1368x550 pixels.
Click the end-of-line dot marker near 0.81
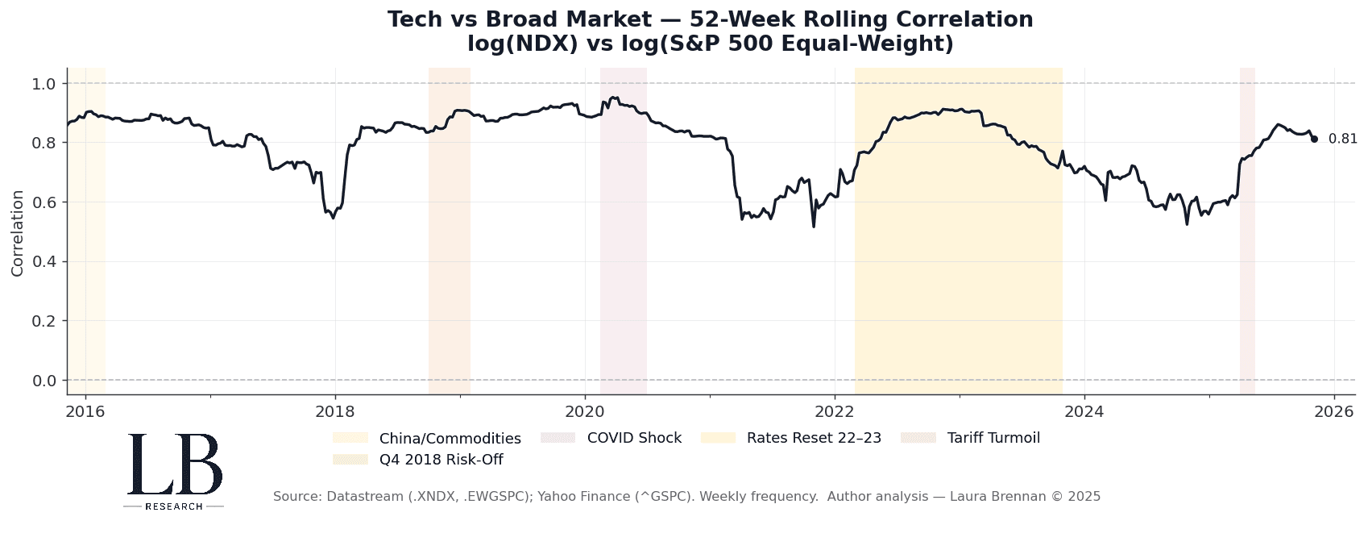[1314, 140]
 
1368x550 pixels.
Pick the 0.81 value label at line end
[1342, 139]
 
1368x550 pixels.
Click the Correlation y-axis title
[18, 233]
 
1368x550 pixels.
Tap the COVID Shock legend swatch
[558, 438]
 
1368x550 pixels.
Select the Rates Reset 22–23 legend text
[814, 438]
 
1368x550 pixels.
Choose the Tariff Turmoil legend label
[993, 438]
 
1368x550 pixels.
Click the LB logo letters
[175, 465]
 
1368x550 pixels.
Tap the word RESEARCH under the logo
[174, 506]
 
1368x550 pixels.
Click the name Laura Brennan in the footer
[992, 497]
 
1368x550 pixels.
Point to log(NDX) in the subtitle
[522, 44]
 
